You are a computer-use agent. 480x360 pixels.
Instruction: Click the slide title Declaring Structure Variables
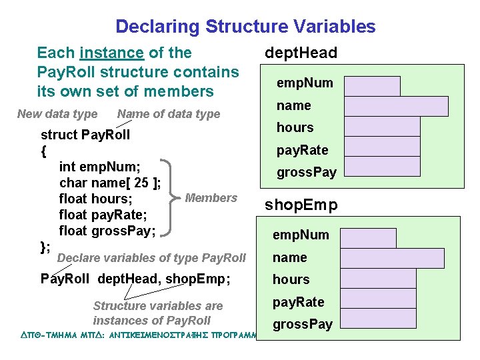[245, 27]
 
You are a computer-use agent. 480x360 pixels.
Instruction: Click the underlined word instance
[111, 53]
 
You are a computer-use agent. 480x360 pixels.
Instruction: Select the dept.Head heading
[301, 53]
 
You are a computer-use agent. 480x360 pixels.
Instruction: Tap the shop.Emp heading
[301, 205]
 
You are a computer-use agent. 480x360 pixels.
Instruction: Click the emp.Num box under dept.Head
[372, 86]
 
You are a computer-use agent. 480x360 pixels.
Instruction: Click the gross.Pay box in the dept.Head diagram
[382, 167]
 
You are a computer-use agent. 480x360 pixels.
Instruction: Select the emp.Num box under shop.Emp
[370, 238]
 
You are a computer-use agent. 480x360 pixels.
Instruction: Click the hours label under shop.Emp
[291, 279]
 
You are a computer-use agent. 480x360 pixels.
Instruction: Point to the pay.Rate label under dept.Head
[303, 150]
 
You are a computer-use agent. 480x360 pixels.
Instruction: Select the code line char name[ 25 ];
[109, 183]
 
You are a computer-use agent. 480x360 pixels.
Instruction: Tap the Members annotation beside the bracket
[211, 198]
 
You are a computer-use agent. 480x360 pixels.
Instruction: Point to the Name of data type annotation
[168, 114]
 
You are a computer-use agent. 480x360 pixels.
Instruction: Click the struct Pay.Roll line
[85, 135]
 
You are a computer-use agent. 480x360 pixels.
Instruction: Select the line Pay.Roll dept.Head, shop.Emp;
[135, 279]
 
